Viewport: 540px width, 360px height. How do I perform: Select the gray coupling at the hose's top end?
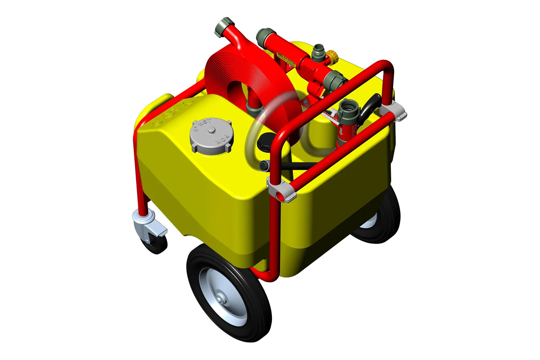[224, 27]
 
